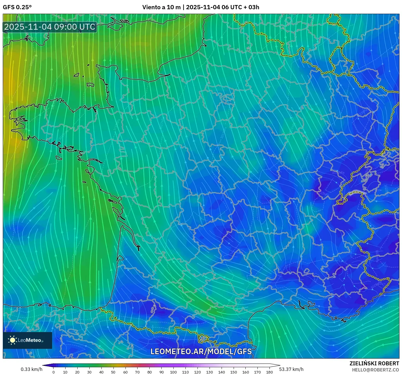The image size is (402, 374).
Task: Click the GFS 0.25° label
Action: tap(17, 7)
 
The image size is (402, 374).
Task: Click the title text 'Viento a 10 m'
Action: tap(161, 7)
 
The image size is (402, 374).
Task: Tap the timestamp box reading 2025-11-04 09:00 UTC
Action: tap(50, 27)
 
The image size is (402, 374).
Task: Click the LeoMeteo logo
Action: tap(27, 340)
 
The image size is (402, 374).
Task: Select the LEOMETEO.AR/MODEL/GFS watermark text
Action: tap(201, 351)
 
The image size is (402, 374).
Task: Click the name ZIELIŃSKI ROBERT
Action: tap(374, 363)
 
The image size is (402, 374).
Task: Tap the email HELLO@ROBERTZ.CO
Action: tap(375, 370)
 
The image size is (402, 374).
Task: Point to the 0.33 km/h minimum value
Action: tap(31, 369)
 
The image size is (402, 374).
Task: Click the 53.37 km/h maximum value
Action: tap(291, 369)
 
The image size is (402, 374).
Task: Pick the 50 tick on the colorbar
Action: tap(113, 372)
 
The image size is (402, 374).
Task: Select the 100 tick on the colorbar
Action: tap(173, 372)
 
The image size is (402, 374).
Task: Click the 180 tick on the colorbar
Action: tap(269, 372)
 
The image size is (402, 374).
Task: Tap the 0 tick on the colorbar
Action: tap(54, 372)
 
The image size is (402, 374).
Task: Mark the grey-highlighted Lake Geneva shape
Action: tap(357, 192)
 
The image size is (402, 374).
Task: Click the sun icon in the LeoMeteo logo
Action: tap(12, 340)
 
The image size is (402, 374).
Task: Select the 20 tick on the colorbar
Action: tap(77, 372)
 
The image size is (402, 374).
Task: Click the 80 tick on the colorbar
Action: tap(149, 372)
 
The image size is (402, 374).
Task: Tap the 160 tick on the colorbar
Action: tap(245, 372)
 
